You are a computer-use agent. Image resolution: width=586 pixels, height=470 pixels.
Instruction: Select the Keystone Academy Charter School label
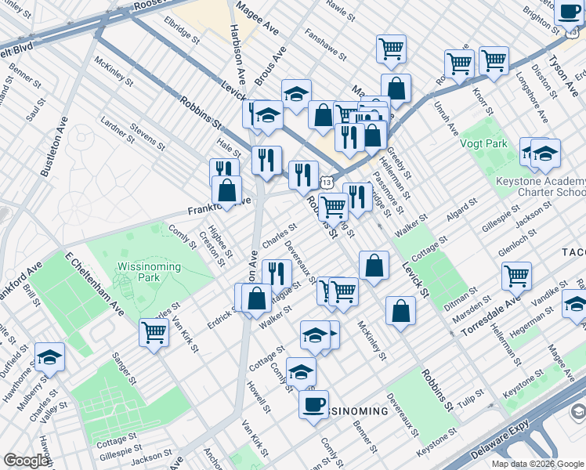pos(541,186)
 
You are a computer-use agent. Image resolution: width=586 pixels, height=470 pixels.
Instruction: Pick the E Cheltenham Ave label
pos(95,284)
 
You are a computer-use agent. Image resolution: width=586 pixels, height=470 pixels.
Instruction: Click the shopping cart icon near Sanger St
pos(154,333)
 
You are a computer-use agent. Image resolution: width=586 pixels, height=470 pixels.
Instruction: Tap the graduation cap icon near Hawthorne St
pos(49,358)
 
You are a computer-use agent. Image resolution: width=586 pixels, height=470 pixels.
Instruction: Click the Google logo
pos(27,461)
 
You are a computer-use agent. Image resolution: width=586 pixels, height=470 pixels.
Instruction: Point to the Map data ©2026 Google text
pos(537,464)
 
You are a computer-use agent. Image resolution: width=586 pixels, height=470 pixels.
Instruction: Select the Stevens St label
pos(147,134)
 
